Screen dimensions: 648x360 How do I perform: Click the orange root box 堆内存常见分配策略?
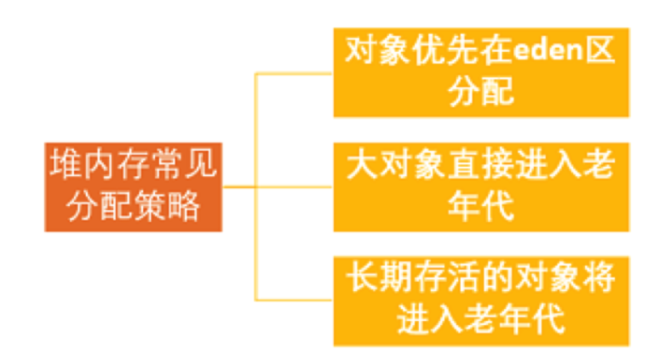[133, 186]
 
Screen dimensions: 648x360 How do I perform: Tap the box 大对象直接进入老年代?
[481, 186]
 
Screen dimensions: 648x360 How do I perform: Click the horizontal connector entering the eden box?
[294, 74]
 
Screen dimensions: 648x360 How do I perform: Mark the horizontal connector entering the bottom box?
[294, 299]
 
